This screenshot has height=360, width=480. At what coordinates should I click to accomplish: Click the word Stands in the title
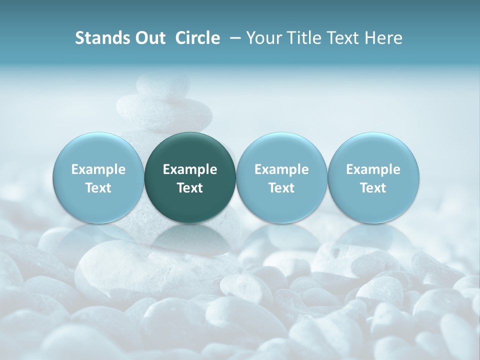(96, 38)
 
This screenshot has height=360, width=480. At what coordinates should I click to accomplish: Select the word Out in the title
(148, 38)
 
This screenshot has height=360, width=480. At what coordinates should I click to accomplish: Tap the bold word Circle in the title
(197, 38)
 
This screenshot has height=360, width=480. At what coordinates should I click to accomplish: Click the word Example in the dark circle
(190, 169)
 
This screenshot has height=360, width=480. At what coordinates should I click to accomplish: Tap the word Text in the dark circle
(190, 188)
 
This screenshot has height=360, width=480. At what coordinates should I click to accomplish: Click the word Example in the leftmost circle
(98, 169)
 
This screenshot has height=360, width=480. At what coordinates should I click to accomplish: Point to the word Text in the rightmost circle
(373, 188)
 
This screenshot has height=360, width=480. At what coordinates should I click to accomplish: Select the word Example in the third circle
(281, 169)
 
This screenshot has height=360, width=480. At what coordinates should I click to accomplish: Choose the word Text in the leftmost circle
(98, 188)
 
